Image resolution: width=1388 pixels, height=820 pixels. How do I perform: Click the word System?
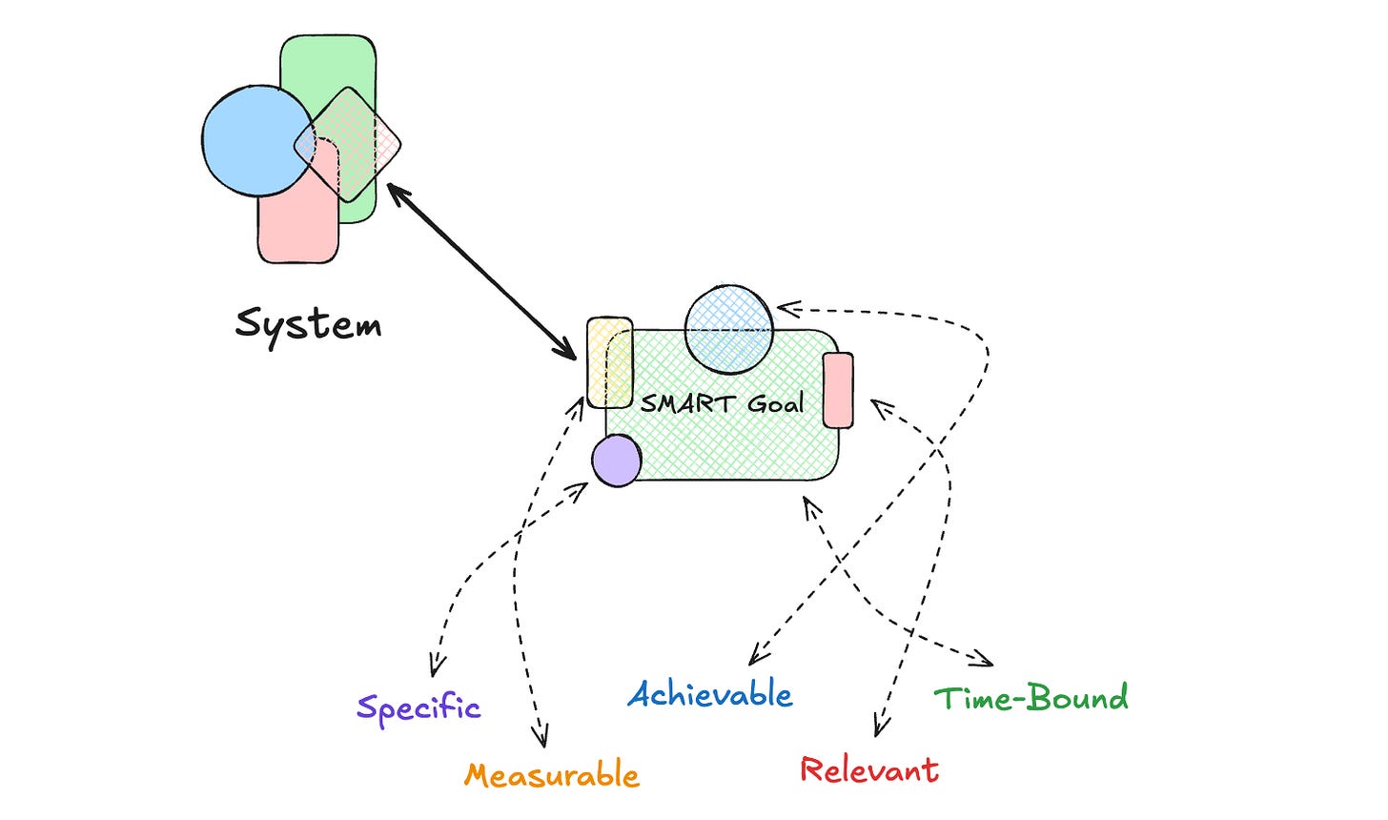point(308,324)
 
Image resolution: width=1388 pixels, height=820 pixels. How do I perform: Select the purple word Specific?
point(418,707)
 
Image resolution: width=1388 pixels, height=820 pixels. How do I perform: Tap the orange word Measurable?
point(552,774)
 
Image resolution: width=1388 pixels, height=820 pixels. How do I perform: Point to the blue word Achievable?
point(710,694)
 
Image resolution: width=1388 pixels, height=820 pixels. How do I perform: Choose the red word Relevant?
point(869,769)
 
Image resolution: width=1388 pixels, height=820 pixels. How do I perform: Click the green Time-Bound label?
point(1031,698)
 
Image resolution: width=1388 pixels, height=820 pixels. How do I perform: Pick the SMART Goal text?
point(722,403)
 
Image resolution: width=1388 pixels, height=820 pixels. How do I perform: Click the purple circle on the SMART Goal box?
point(616,461)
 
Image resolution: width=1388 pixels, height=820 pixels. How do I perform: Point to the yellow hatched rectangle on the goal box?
point(608,362)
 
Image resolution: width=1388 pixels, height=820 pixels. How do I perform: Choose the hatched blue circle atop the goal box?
point(728,328)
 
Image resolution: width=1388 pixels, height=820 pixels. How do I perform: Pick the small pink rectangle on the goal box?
point(838,390)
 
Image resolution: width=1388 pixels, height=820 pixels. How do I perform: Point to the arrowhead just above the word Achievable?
point(756,655)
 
